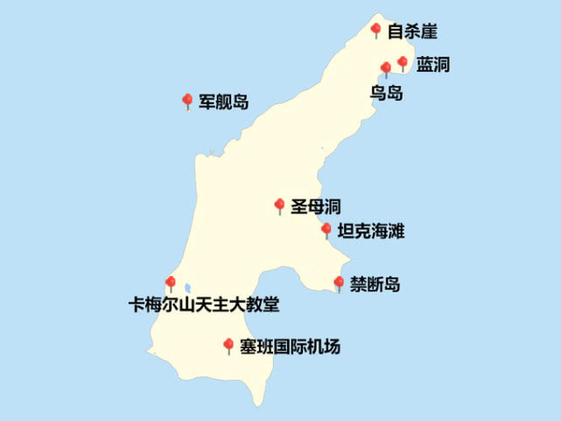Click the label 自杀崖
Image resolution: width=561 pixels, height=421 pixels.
coord(411,32)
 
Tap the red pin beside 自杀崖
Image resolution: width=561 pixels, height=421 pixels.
coord(375,30)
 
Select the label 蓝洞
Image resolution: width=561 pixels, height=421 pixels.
coord(432,64)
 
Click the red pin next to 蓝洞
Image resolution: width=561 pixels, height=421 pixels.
coord(403,62)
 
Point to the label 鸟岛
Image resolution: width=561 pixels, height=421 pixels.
coord(386,93)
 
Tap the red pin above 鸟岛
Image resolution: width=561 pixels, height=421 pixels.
coord(385,68)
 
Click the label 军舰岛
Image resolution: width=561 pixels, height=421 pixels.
coord(223,102)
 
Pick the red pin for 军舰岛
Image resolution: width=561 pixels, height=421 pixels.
coord(186,101)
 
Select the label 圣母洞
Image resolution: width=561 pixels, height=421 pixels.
coord(315,207)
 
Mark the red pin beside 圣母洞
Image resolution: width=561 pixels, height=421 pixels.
coord(279,205)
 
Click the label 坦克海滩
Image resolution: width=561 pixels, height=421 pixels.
coord(370,231)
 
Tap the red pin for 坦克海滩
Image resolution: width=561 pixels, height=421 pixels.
coord(326,229)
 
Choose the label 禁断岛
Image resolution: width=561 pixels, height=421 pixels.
coord(375,284)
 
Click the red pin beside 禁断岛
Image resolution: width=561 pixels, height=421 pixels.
coord(339,282)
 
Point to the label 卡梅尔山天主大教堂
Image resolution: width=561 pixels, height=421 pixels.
coord(203,305)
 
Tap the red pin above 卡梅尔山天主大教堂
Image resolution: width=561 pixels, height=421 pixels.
coord(171,283)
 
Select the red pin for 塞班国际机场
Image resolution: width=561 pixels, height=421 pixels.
coord(228,345)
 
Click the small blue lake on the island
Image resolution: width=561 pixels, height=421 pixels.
coord(188,286)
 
